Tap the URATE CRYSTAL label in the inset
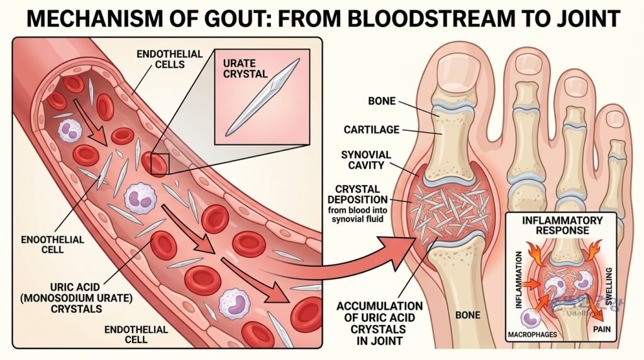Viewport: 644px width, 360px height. (245, 69)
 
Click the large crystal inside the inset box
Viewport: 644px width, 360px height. (263, 98)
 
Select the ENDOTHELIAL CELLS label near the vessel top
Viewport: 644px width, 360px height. (170, 59)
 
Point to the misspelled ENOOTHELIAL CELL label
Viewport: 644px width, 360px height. (53, 245)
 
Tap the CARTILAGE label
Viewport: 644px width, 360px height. (372, 130)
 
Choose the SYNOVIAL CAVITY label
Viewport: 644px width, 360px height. (366, 160)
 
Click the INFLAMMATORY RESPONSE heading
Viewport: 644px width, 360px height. (562, 225)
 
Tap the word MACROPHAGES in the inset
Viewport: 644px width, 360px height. (532, 335)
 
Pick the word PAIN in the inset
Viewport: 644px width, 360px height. (602, 329)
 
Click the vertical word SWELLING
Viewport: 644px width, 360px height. (609, 286)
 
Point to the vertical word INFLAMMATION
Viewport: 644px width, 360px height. (518, 280)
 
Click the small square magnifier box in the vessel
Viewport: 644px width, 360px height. (160, 164)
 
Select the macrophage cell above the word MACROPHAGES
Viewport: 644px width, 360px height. (530, 318)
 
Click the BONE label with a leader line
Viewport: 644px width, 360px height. (382, 101)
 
